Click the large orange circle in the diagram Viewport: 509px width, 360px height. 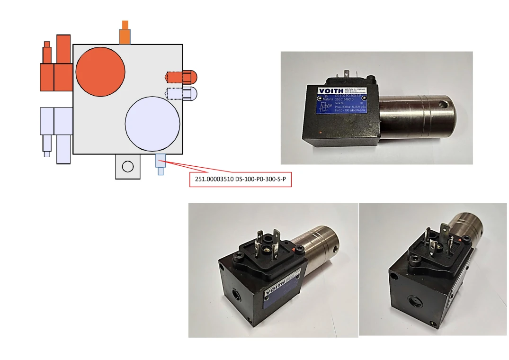point(100,71)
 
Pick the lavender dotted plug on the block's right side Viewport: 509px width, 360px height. point(180,93)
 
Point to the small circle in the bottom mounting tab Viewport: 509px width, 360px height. point(127,166)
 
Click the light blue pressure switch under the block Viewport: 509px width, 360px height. point(160,163)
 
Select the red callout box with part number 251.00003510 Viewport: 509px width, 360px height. point(241,180)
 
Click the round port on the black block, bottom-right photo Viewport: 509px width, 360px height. point(413,299)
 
